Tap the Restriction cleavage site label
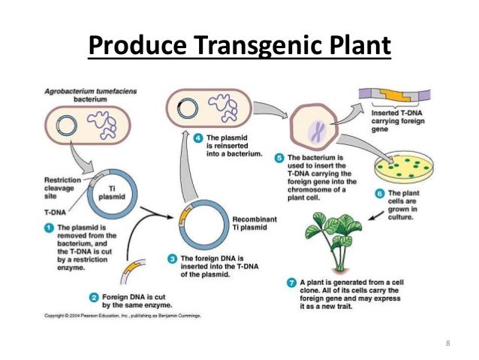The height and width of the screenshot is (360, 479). pyautogui.click(x=60, y=189)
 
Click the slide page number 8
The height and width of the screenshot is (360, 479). pyautogui.click(x=448, y=344)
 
